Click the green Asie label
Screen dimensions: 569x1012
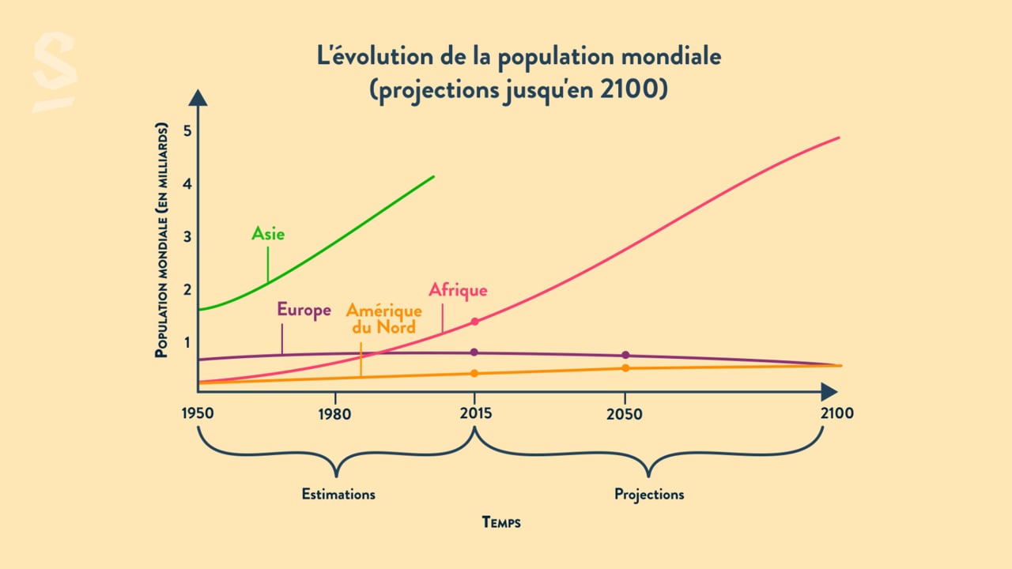[268, 233]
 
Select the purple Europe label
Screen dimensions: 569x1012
[304, 310]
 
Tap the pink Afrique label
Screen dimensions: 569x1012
[458, 290]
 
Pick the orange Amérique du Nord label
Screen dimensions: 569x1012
[383, 318]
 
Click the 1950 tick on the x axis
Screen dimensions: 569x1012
[198, 414]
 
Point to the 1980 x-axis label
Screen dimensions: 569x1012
[335, 414]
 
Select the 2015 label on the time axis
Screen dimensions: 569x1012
[474, 414]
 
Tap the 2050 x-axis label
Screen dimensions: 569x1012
[625, 414]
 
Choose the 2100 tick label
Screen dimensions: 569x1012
[837, 414]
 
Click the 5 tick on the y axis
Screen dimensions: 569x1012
[187, 131]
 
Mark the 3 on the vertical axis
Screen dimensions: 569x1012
[187, 236]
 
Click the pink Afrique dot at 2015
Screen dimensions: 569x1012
[474, 322]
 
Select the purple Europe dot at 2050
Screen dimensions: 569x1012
[625, 355]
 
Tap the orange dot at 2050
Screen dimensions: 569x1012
[625, 368]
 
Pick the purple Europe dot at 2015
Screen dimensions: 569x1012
[474, 352]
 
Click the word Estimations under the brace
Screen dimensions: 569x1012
[338, 495]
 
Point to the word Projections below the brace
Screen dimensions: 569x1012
[649, 495]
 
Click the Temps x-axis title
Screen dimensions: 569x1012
[501, 522]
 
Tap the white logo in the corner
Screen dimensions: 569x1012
[55, 72]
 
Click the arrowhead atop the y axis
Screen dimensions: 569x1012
[198, 97]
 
